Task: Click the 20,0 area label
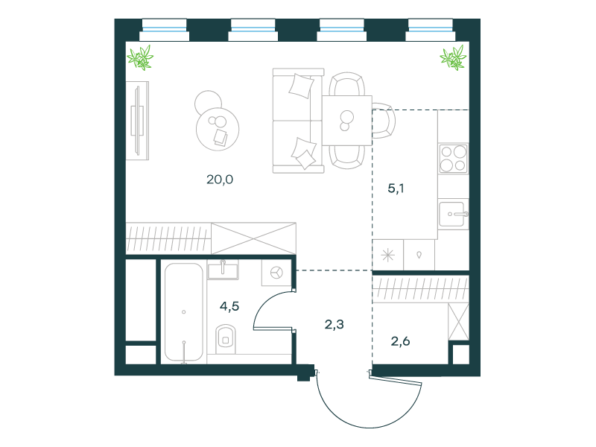(220, 180)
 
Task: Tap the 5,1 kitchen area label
(396, 188)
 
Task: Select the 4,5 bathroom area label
(229, 306)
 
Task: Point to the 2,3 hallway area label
(334, 324)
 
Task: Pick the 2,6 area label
(400, 341)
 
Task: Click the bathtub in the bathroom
(183, 312)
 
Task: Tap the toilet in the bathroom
(226, 339)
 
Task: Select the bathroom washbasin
(223, 270)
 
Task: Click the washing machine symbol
(276, 273)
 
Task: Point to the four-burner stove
(453, 159)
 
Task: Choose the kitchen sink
(453, 215)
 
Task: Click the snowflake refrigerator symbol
(387, 255)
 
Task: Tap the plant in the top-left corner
(140, 58)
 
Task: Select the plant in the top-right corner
(453, 58)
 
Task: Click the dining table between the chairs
(347, 121)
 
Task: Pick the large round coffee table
(218, 129)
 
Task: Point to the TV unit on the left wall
(138, 121)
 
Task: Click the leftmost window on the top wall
(164, 30)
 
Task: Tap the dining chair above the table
(346, 84)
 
